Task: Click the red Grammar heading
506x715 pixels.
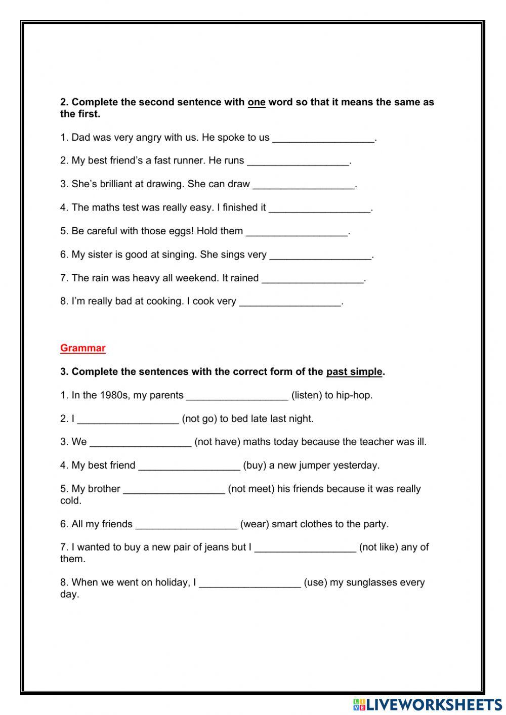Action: click(x=82, y=348)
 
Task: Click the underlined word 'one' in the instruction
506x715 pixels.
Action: click(x=257, y=102)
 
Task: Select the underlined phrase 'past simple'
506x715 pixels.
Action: click(x=354, y=372)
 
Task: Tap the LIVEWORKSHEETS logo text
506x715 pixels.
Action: click(x=433, y=704)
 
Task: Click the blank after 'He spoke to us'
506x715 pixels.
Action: click(x=324, y=138)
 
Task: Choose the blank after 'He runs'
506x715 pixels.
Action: click(x=298, y=161)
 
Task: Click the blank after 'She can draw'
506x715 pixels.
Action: click(x=304, y=185)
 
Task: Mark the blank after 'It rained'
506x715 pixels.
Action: click(x=313, y=279)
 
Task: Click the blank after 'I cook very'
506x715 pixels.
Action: click(x=290, y=302)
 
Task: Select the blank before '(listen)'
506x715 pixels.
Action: click(x=237, y=396)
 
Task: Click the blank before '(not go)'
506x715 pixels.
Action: click(x=128, y=419)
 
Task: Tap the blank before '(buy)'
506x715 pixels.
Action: click(x=189, y=466)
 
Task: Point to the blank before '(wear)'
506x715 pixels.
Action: click(x=186, y=525)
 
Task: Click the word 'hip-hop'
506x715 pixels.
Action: click(x=354, y=395)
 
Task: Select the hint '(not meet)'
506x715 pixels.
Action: click(x=251, y=489)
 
